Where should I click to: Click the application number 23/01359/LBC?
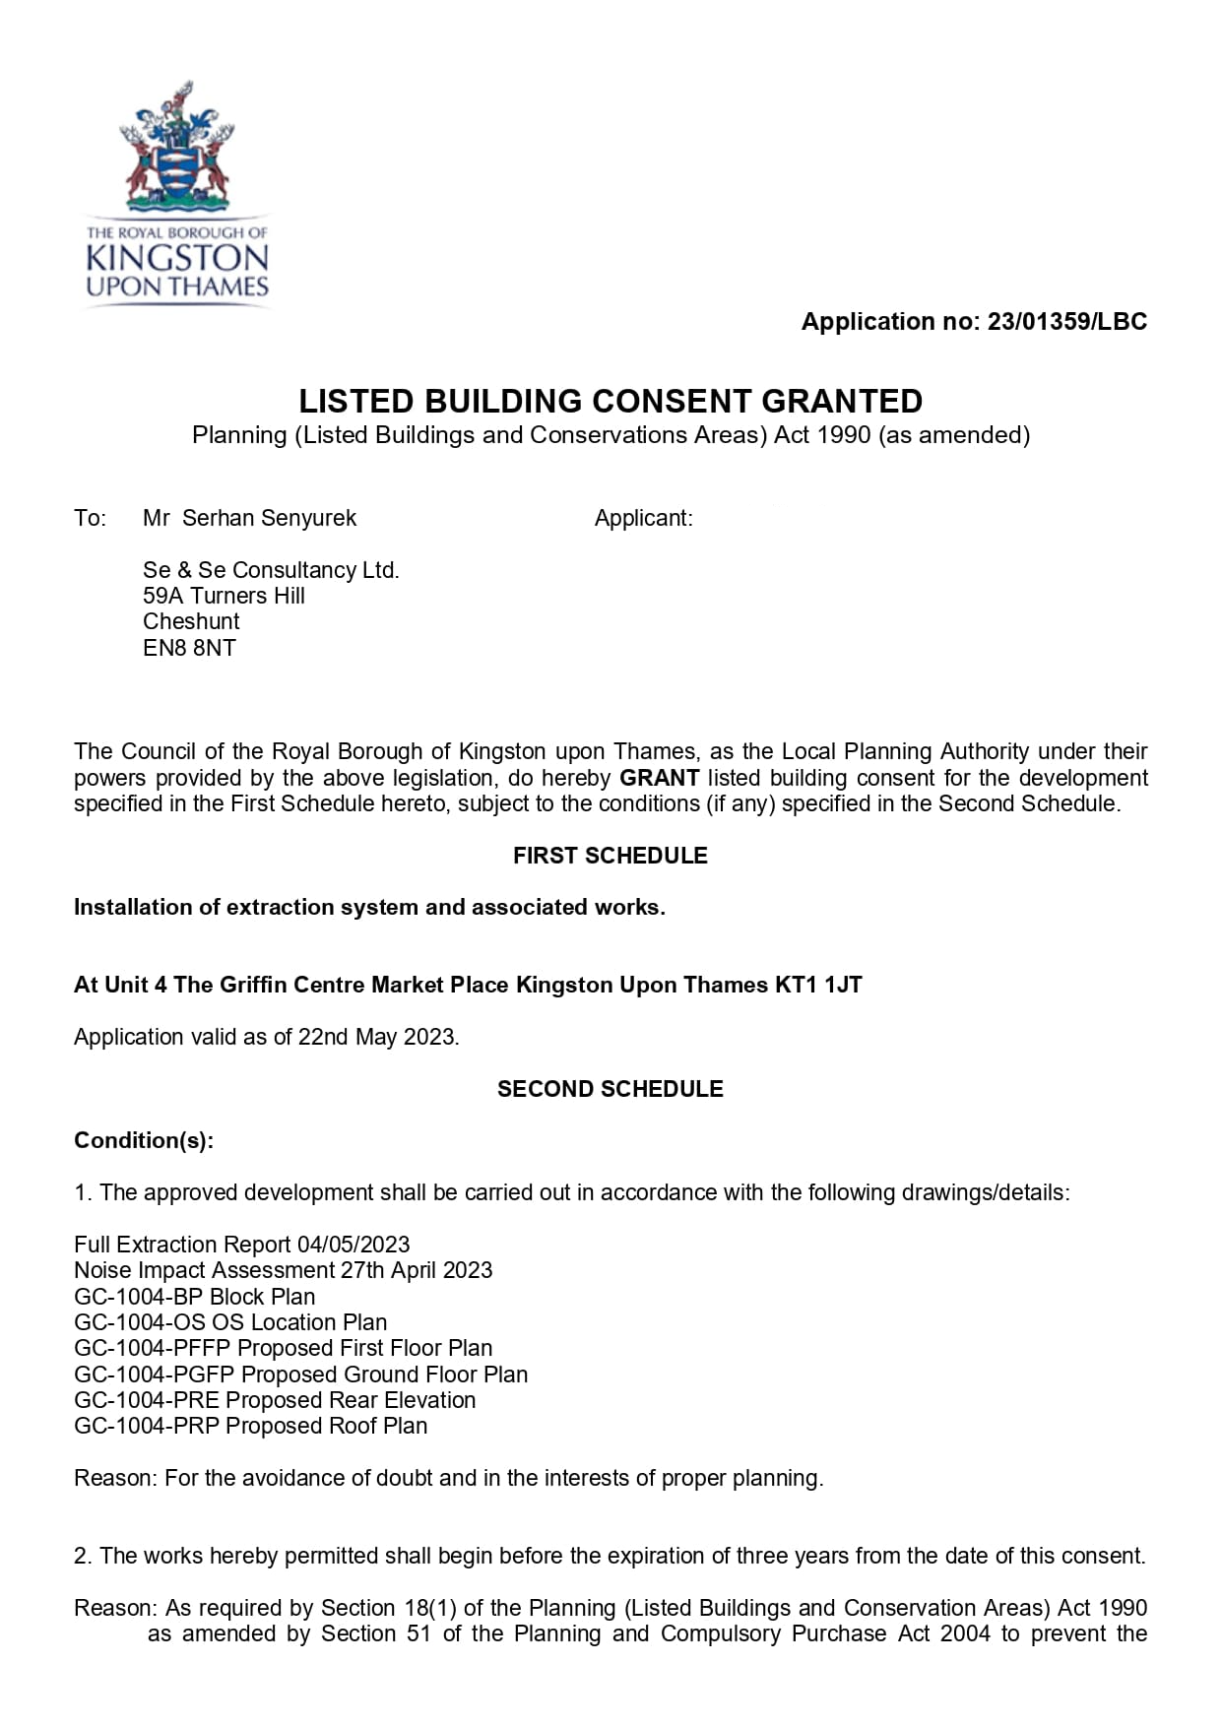click(x=1066, y=322)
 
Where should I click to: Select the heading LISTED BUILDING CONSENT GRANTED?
click(x=611, y=402)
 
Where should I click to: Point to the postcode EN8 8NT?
click(x=189, y=648)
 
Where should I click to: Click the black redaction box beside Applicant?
click(x=907, y=601)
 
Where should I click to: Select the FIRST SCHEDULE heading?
click(x=610, y=856)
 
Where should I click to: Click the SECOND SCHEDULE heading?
click(x=610, y=1089)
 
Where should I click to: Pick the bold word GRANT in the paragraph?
click(x=659, y=778)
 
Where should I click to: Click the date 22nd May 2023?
click(x=377, y=1037)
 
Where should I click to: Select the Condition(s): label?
click(x=144, y=1140)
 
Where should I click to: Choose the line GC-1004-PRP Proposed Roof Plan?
click(x=250, y=1426)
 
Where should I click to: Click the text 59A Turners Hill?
click(x=224, y=596)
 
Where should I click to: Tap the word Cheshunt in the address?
click(x=191, y=621)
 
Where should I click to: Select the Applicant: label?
click(x=643, y=518)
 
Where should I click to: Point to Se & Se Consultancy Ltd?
click(x=271, y=570)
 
